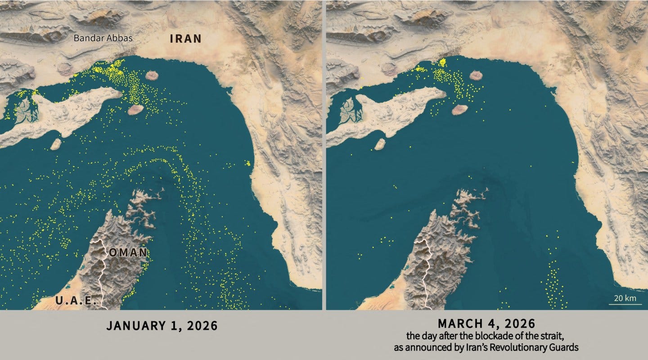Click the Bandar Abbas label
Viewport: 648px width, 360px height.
pyautogui.click(x=103, y=38)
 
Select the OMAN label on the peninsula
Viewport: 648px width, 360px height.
pyautogui.click(x=128, y=252)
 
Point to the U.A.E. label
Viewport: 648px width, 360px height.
pyautogui.click(x=76, y=301)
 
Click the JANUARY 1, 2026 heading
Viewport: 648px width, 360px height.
pyautogui.click(x=162, y=326)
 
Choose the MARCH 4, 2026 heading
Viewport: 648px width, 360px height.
pyautogui.click(x=486, y=323)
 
